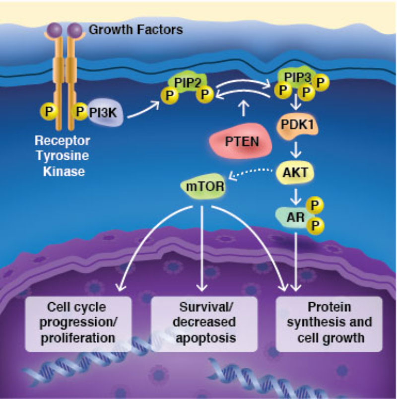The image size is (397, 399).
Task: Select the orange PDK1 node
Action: tap(297, 128)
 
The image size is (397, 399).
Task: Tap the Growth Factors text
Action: tap(135, 30)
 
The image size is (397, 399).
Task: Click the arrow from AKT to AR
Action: tap(297, 196)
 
